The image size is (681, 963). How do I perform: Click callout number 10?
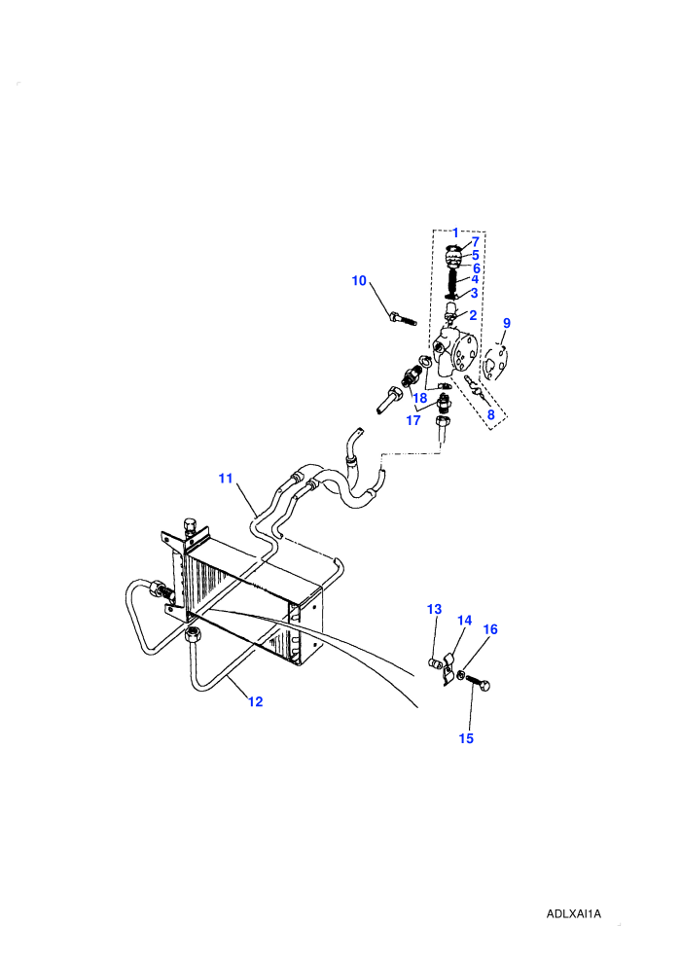[359, 281]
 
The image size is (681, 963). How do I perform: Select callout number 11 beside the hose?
[226, 478]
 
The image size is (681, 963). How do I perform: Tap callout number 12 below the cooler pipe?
[256, 701]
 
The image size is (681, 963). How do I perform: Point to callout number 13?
[434, 609]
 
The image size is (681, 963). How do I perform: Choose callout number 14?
[465, 621]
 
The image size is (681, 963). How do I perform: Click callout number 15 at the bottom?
[466, 738]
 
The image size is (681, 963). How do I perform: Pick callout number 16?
[490, 629]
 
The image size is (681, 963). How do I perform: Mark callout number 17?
[413, 420]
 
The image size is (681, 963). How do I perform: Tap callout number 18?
[420, 398]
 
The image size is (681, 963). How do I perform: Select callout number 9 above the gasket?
[507, 323]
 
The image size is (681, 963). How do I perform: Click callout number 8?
[491, 414]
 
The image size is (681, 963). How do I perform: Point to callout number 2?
[473, 315]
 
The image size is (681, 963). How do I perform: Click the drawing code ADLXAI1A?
[574, 913]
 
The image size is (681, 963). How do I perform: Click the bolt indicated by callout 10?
[402, 319]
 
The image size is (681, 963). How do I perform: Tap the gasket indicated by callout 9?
[496, 364]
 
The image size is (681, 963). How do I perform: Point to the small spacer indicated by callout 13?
[434, 663]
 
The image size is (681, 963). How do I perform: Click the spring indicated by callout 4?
[453, 282]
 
